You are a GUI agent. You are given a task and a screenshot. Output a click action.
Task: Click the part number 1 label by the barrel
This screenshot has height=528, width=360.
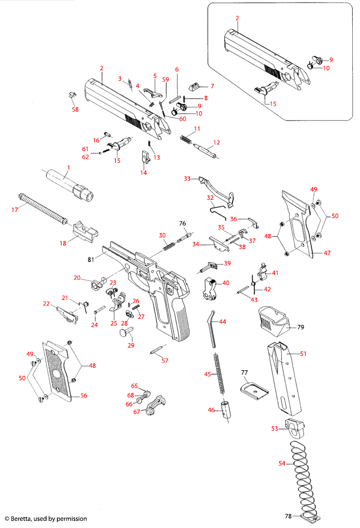[69, 167]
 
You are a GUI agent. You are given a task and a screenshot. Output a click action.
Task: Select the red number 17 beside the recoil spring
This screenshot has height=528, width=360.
[15, 209]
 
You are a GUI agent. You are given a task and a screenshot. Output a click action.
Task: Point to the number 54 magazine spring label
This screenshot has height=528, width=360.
[282, 463]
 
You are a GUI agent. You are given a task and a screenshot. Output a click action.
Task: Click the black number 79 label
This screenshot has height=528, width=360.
[301, 328]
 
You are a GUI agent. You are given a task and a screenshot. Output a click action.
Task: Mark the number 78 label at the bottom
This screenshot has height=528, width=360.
[288, 516]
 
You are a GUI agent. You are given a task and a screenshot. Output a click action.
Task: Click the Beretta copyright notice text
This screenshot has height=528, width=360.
[46, 519]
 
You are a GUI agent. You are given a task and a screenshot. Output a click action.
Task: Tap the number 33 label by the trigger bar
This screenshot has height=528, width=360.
[187, 178]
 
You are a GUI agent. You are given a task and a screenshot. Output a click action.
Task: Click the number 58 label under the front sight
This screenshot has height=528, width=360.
[75, 110]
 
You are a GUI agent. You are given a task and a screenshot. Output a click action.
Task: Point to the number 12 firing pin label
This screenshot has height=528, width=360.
[217, 142]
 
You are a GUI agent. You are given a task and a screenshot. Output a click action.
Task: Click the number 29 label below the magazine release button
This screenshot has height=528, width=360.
[131, 345]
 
